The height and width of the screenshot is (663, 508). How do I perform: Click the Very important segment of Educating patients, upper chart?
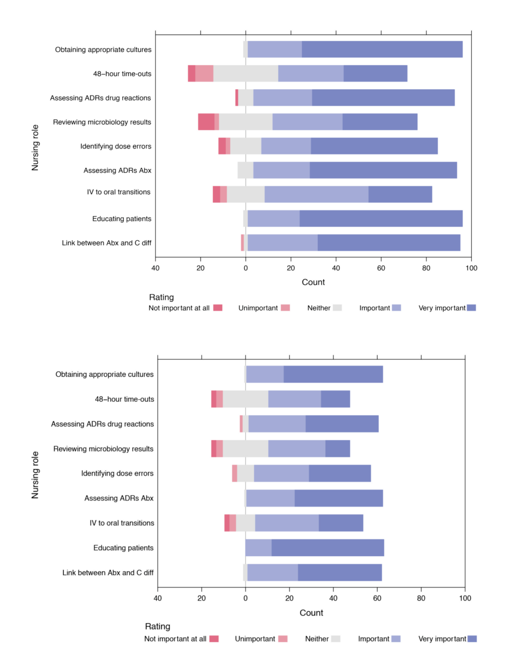point(381,219)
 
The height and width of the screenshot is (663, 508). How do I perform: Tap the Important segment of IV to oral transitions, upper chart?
point(316,194)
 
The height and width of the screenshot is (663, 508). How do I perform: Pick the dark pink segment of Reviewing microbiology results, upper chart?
point(206,122)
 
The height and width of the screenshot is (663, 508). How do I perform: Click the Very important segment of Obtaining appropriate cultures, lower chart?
point(333,374)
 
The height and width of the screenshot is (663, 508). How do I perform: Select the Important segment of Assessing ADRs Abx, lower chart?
point(270,498)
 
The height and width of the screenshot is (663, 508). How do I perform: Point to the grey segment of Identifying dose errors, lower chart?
point(245,473)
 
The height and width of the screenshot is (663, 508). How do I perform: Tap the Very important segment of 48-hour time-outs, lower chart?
point(335,399)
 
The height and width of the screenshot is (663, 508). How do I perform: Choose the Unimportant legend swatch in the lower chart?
point(282,639)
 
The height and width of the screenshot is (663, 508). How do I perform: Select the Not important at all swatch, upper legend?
point(218,308)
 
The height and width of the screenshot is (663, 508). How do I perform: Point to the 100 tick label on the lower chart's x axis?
point(465,598)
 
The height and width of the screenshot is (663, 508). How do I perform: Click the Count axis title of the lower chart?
point(312,613)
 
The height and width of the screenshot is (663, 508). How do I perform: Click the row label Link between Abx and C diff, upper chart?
point(106,243)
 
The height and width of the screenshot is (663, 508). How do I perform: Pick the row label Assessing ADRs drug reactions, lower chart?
point(102,424)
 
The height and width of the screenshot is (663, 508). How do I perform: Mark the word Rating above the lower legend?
point(157,627)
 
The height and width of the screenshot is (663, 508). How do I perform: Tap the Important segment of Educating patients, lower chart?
point(258,548)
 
